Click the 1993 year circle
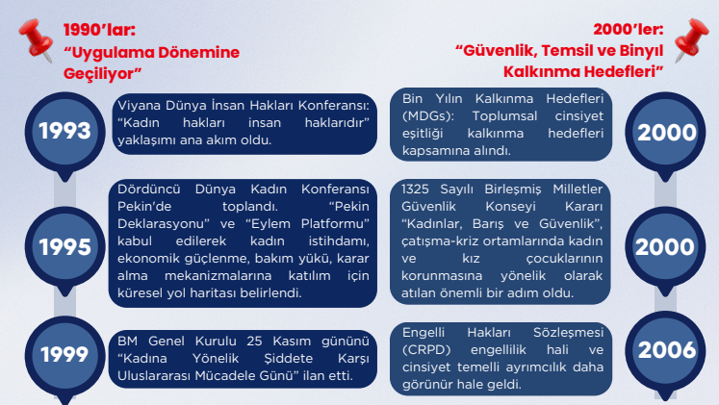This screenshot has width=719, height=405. pyautogui.click(x=64, y=132)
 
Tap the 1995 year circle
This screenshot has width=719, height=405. pyautogui.click(x=64, y=247)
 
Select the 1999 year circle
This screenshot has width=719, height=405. pyautogui.click(x=64, y=355)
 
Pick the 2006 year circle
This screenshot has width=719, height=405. pyautogui.click(x=665, y=350)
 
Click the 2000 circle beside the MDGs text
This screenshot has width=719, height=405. pyautogui.click(x=665, y=133)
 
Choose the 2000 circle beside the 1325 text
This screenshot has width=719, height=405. pyautogui.click(x=665, y=247)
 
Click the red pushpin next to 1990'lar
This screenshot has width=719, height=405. pyautogui.click(x=36, y=39)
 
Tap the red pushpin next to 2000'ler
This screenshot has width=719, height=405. pyautogui.click(x=691, y=39)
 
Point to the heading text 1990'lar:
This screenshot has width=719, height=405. pyautogui.click(x=99, y=30)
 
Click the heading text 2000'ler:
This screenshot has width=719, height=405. pyautogui.click(x=629, y=29)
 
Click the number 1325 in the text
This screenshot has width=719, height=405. pyautogui.click(x=415, y=189)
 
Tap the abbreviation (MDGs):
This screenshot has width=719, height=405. pyautogui.click(x=428, y=115)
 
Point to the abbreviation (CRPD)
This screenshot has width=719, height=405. pyautogui.click(x=426, y=350)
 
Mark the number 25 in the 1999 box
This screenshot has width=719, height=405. pyautogui.click(x=254, y=341)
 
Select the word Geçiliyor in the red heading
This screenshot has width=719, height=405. pyautogui.click(x=102, y=73)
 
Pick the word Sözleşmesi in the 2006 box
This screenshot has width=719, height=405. pyautogui.click(x=568, y=333)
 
